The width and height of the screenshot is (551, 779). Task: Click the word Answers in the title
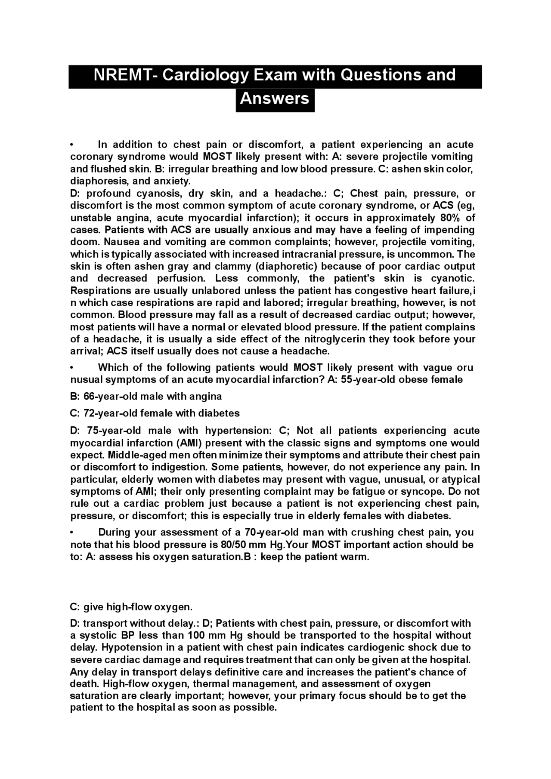pyautogui.click(x=275, y=99)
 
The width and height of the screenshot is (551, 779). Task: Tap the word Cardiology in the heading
pyautogui.click(x=205, y=75)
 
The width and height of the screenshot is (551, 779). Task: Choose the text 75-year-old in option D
pyautogui.click(x=114, y=431)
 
